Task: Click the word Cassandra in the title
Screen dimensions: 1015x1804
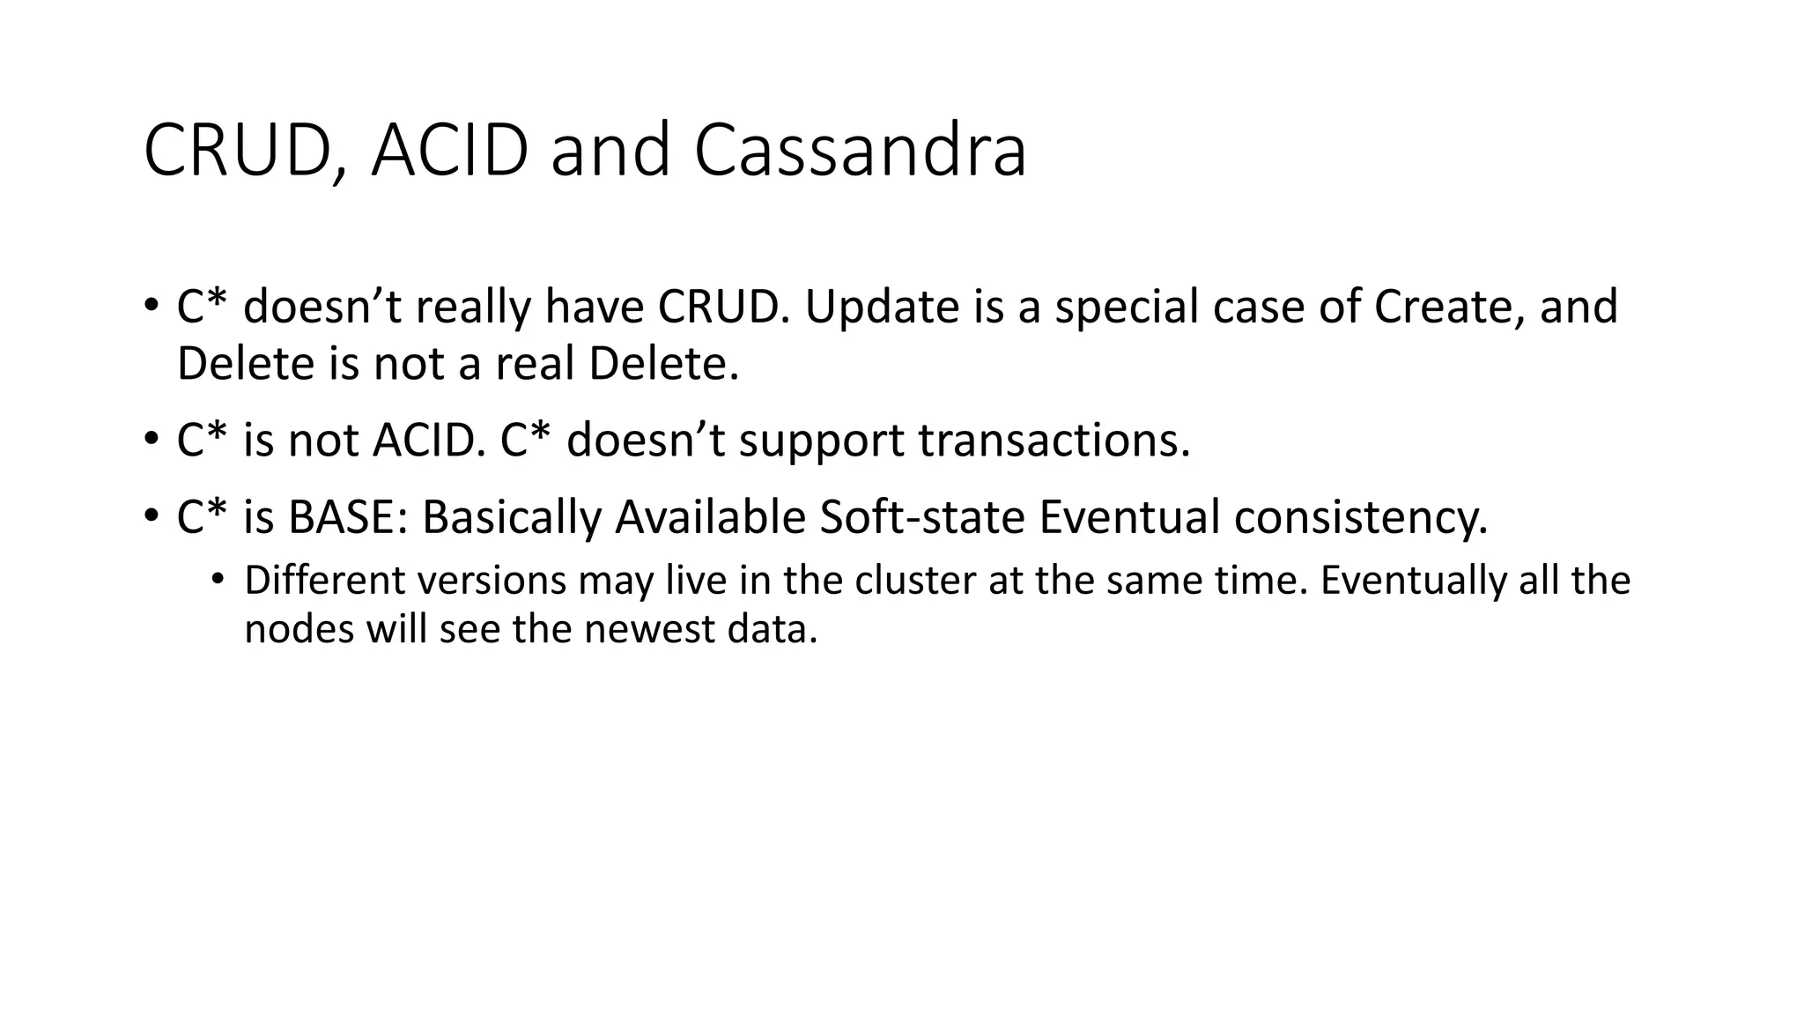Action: coord(860,151)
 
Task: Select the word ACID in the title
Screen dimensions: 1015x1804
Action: coord(449,151)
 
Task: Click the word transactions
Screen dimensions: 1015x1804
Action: coord(1054,440)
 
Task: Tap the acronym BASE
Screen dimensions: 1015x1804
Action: coord(348,517)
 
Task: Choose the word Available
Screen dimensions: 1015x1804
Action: coord(710,517)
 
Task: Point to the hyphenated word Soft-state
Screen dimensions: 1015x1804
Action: coord(922,517)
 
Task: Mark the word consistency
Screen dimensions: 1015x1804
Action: coord(1360,517)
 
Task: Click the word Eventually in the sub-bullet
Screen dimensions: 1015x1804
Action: coord(1413,581)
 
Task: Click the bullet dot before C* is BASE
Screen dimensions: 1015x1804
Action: coord(152,515)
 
